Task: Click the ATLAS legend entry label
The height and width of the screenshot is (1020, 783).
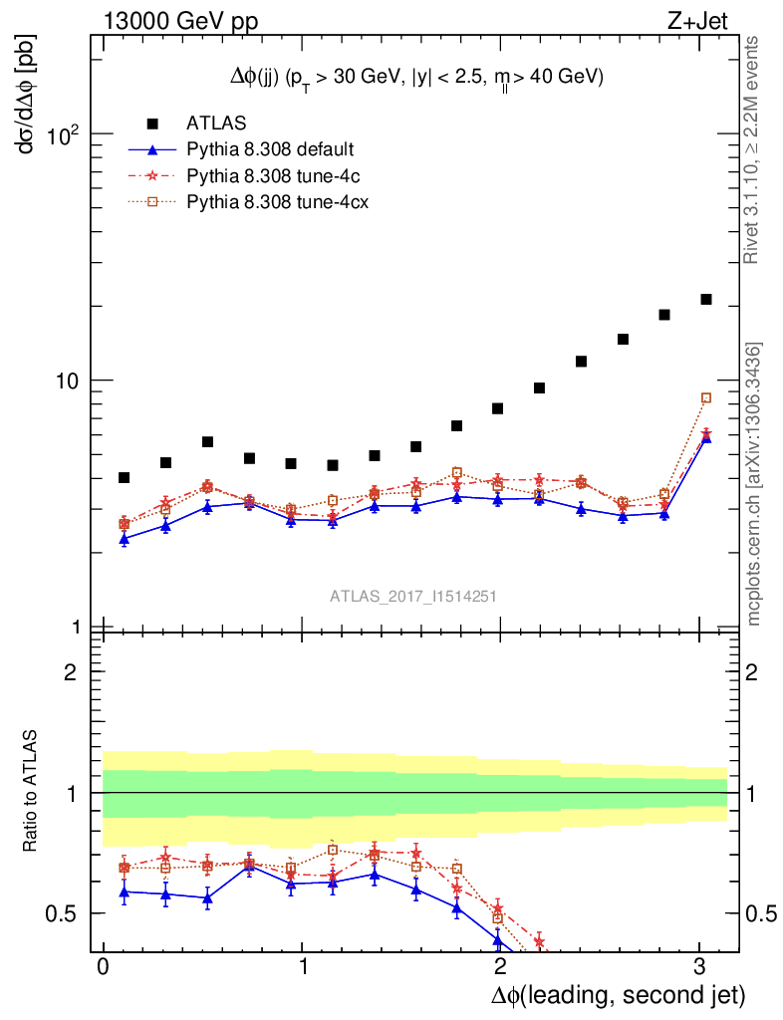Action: click(x=216, y=123)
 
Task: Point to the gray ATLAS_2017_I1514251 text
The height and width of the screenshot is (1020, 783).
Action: click(x=413, y=596)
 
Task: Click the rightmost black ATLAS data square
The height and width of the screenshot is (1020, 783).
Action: click(x=706, y=299)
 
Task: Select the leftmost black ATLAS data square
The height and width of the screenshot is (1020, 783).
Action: click(x=125, y=478)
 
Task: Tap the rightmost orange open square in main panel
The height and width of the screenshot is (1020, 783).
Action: click(x=706, y=398)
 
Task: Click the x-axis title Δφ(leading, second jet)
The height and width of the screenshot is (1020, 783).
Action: click(x=618, y=994)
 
